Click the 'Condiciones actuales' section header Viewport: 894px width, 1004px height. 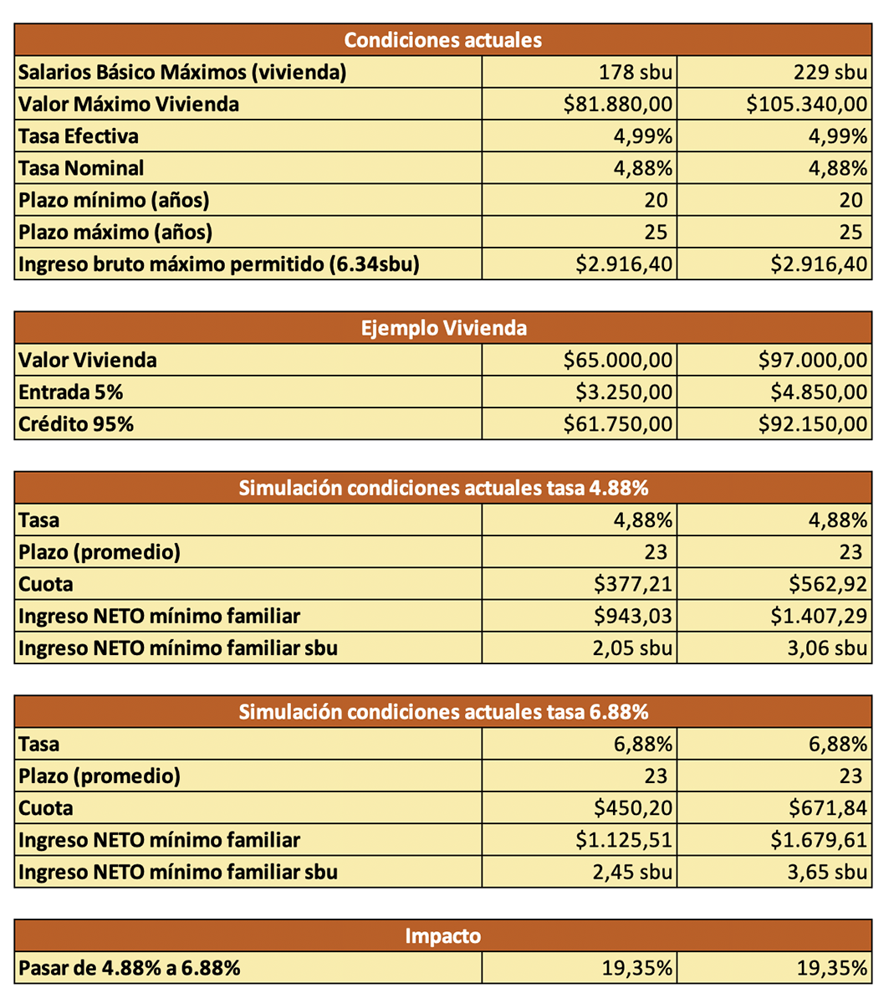(x=442, y=40)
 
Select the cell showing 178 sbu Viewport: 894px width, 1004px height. (x=635, y=73)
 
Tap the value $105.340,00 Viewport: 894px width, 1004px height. (x=806, y=105)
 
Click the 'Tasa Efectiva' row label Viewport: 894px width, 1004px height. (x=79, y=136)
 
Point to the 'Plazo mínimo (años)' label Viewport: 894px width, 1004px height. (x=114, y=201)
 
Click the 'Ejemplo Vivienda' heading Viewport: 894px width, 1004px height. (x=443, y=328)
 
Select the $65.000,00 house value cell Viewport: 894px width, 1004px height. (x=617, y=361)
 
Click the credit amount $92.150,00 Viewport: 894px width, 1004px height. (x=812, y=424)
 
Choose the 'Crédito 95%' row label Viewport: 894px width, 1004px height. (x=76, y=424)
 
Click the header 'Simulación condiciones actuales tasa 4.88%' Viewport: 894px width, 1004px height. (x=443, y=489)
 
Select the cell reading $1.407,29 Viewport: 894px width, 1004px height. (x=819, y=617)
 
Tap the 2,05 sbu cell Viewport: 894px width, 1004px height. (x=632, y=648)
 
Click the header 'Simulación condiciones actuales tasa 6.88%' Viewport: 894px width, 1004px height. (x=443, y=712)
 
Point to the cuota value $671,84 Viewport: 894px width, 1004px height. (x=827, y=808)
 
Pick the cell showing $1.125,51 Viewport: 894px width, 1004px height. (x=624, y=840)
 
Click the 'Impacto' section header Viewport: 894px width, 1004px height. (x=442, y=936)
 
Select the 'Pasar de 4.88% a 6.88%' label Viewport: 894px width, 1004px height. (x=130, y=969)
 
